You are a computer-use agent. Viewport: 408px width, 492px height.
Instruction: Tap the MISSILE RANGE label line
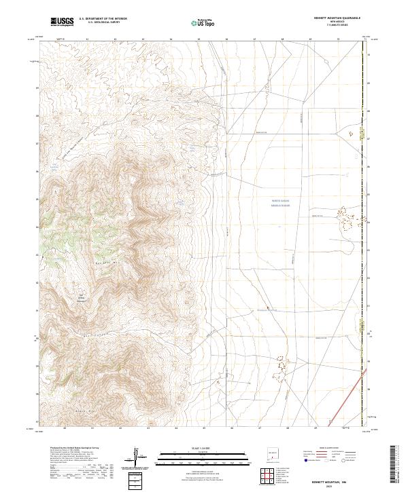280,205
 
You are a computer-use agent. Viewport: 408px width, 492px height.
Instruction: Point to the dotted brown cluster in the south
279,367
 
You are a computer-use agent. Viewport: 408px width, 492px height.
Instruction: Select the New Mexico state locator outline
274,457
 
